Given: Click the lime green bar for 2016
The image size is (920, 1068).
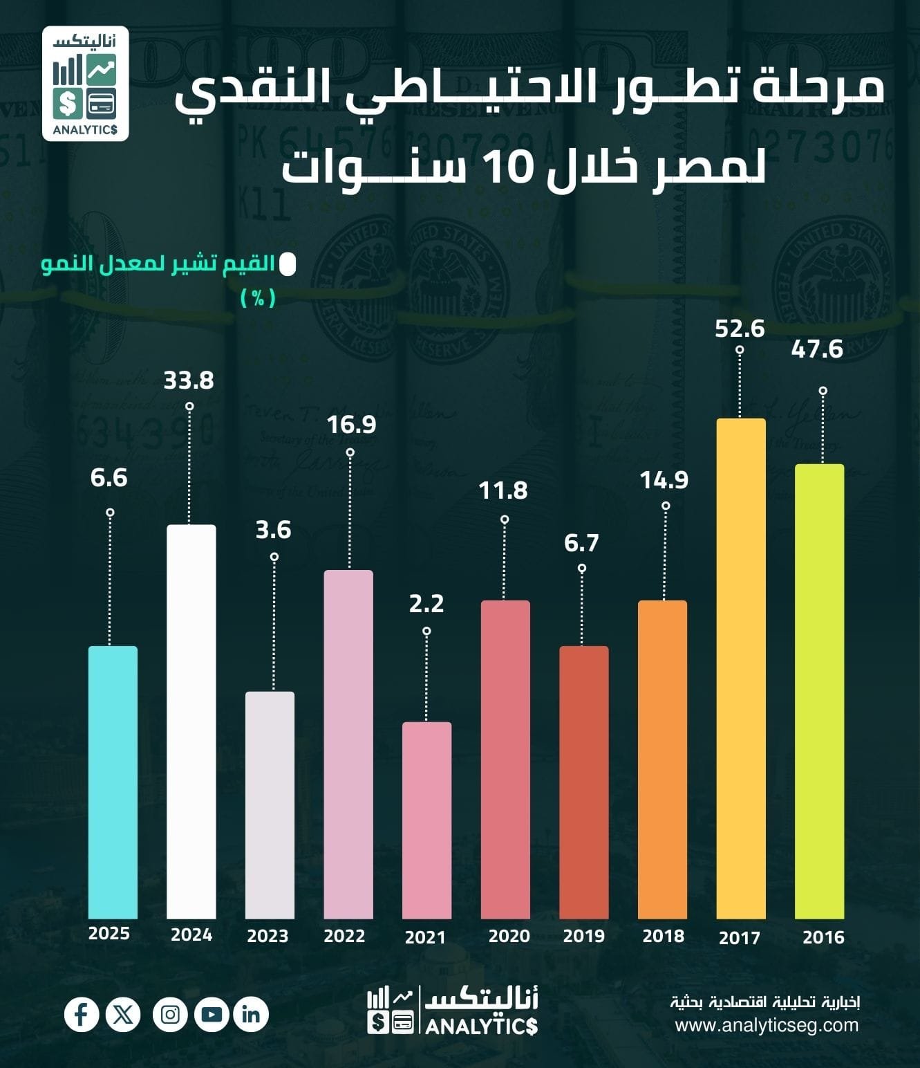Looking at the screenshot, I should point(819,691).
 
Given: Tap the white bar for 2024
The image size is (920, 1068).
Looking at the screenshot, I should point(191,721).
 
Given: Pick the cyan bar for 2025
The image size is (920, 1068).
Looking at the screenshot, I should point(113,782).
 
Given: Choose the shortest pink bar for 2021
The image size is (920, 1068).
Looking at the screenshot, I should point(426,820).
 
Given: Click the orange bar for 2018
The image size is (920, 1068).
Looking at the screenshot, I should point(662,759).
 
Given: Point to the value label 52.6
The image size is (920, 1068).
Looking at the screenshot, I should point(740,328).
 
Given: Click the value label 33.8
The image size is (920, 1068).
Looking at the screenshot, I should point(189,380).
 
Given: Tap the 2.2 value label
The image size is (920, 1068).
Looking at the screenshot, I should point(426,604).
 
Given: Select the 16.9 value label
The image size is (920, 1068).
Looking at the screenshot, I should point(352,425).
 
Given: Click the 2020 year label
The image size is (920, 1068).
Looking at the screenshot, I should point(509,936).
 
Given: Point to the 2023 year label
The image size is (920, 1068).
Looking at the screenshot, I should point(267,936).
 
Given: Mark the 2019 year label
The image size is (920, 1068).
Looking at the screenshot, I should point(583,936).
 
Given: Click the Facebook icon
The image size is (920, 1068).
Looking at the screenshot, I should point(82,1015).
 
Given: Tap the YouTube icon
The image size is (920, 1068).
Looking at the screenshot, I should point(212,1015).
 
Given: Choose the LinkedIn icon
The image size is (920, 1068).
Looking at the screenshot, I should point(251,1015).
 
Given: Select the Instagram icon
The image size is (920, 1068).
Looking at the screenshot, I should point(170,1015).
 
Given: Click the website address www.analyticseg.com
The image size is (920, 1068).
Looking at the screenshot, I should point(767,1024).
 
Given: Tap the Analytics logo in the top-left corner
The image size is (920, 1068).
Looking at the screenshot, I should point(85,84).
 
